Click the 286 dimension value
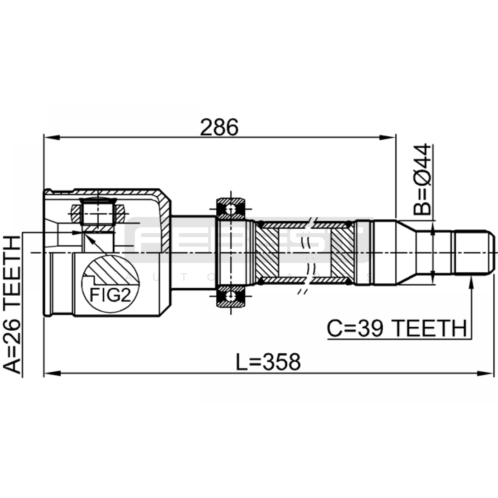(x=219, y=127)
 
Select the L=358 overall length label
(x=268, y=362)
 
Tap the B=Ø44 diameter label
(x=422, y=180)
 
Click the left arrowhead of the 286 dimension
(x=52, y=137)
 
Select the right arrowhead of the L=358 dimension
(x=486, y=373)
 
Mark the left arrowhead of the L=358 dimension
(x=52, y=373)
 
